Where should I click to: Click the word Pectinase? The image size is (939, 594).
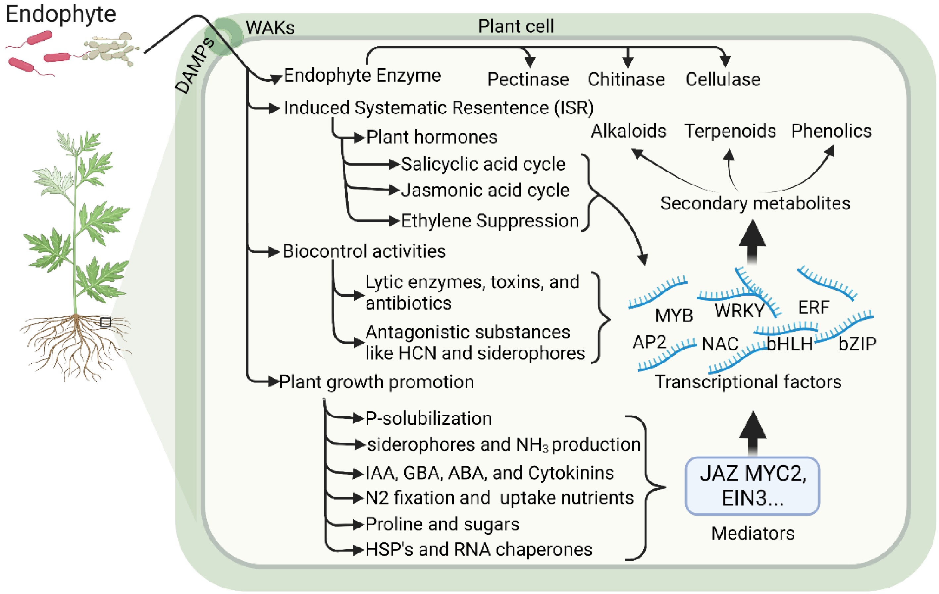pos(528,80)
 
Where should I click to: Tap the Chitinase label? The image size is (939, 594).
pos(626,80)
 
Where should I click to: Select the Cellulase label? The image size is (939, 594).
pos(723,80)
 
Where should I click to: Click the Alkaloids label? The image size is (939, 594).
pos(629,131)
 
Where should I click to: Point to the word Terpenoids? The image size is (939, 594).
pos(730,131)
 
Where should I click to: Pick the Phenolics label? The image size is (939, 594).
pos(831,131)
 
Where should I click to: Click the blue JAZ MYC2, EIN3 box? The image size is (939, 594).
pos(752,486)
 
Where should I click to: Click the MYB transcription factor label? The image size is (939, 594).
pos(673,315)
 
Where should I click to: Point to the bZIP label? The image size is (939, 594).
pos(857,344)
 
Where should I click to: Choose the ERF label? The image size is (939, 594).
pos(813,308)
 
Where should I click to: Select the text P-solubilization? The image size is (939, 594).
pos(428,419)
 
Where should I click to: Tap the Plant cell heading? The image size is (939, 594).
pos(515,27)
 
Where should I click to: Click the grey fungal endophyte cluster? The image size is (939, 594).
pos(111,49)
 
